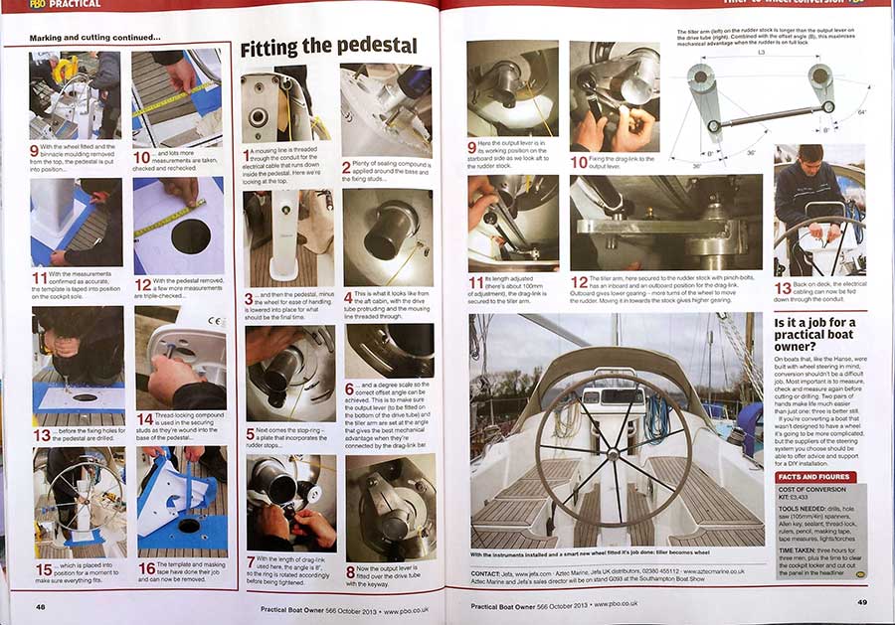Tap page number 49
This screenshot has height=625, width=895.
click(862, 602)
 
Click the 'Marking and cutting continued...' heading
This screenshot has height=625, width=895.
click(94, 38)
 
